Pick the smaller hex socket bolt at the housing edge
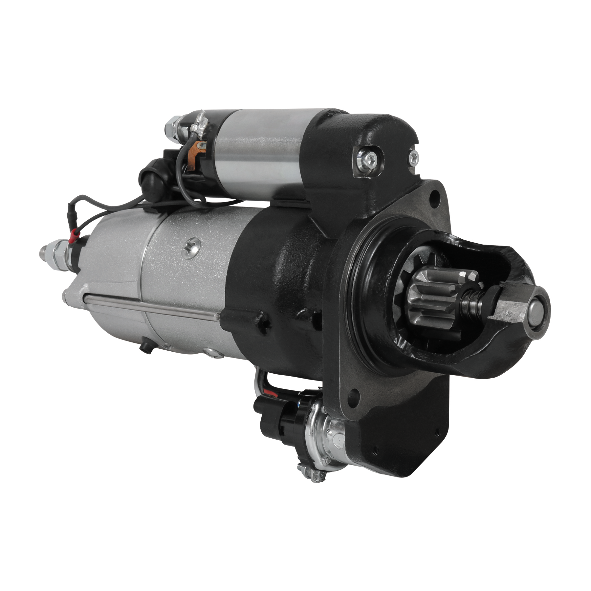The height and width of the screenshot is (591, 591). (414, 156)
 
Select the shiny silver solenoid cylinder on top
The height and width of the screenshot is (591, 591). (259, 154)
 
